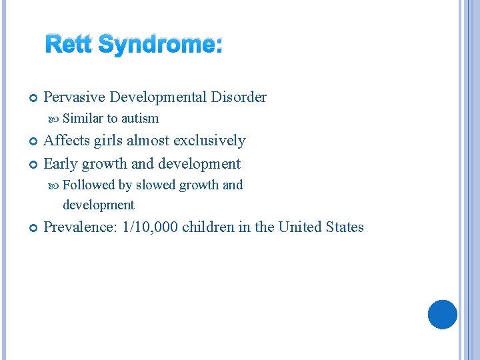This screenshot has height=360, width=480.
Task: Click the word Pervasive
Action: click(74, 97)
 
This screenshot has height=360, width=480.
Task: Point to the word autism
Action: click(140, 119)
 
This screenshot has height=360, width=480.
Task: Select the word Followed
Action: click(89, 185)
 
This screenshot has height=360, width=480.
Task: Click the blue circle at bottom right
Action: click(443, 314)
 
